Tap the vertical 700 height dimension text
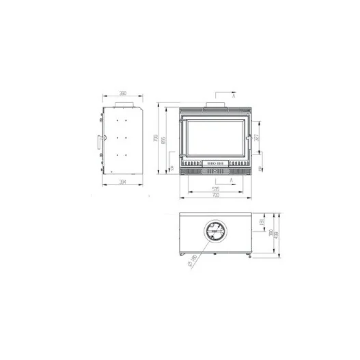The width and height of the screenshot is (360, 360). tap(156, 139)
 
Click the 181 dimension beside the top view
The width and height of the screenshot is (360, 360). tap(262, 221)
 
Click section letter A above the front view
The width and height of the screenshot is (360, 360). tap(234, 96)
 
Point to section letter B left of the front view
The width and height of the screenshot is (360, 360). tap(171, 168)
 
